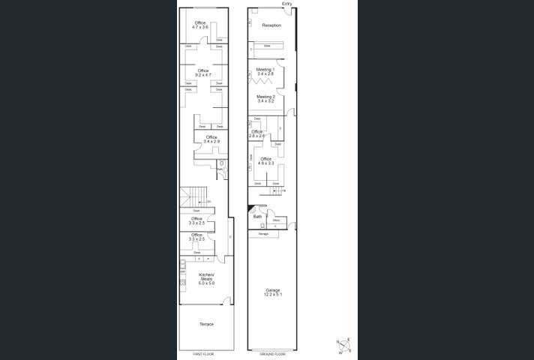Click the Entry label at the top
(286, 4)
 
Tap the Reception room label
(271, 25)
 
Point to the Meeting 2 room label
(265, 98)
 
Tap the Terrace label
(206, 324)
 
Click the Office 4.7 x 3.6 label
(200, 25)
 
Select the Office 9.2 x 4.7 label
(202, 73)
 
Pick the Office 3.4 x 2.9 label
(211, 139)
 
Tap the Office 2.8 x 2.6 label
(257, 133)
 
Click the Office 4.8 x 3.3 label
(265, 160)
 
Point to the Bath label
(257, 216)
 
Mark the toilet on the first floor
(221, 164)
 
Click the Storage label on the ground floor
(263, 234)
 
